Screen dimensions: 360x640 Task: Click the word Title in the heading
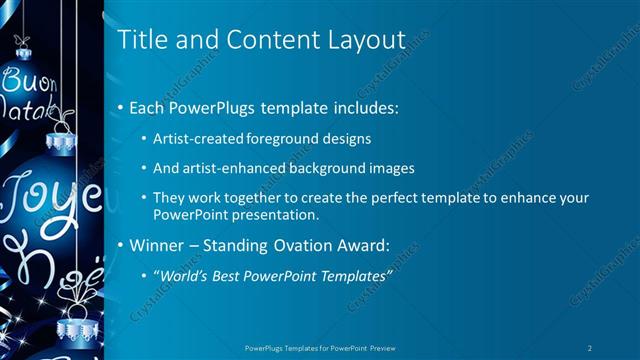[140, 40]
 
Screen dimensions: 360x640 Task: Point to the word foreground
[283, 137]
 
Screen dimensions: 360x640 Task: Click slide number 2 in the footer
[591, 348]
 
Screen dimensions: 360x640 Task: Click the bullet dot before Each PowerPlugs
[122, 106]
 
